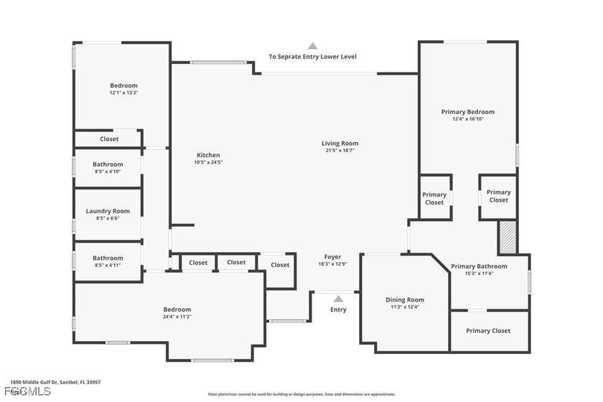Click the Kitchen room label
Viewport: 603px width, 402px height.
[x=208, y=155]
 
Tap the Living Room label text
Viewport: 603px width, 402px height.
[x=340, y=144]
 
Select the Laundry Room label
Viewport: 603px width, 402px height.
[x=108, y=211]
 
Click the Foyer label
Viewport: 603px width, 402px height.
[x=332, y=257]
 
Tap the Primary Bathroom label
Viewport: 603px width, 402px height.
[x=479, y=266]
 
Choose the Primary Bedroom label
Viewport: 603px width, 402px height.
[x=467, y=112]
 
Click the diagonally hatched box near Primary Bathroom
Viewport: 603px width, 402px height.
[x=508, y=237]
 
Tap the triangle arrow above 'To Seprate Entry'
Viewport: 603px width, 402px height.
[x=312, y=45]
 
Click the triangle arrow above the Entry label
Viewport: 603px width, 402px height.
[x=338, y=298]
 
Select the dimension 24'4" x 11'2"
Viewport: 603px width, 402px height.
[x=176, y=317]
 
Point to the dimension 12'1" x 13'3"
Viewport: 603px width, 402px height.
[x=123, y=93]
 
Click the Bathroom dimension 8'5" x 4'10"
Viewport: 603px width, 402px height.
[x=108, y=172]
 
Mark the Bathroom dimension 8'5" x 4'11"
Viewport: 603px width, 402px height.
[x=108, y=266]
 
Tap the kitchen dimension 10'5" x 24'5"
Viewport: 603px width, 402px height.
[x=208, y=162]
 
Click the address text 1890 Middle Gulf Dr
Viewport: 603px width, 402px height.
[x=55, y=383]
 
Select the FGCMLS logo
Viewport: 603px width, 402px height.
[x=27, y=392]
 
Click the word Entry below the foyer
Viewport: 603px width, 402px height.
[x=338, y=310]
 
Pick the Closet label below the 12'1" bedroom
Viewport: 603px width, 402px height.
[x=109, y=139]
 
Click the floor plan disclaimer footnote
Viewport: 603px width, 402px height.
[x=301, y=394]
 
